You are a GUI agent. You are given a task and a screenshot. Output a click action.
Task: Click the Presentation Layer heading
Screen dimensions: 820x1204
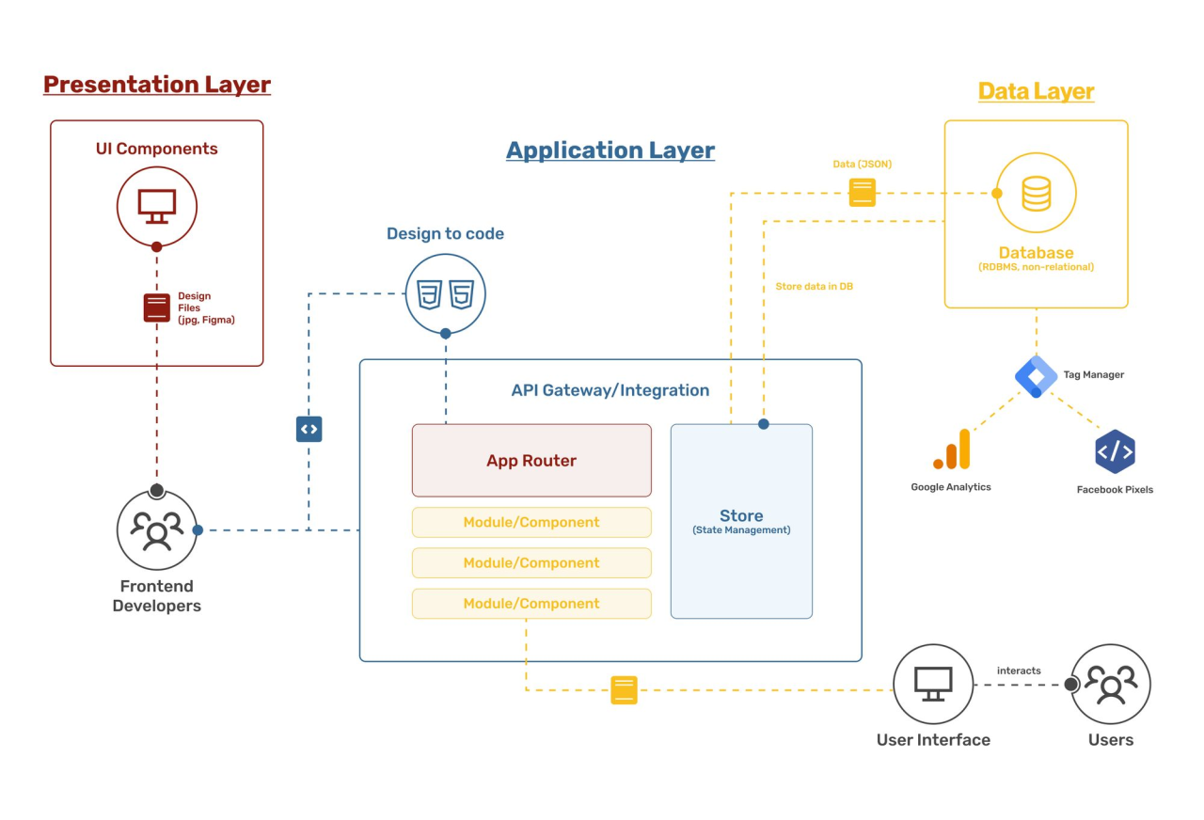tap(157, 85)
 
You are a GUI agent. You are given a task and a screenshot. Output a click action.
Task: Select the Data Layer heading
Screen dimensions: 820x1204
tap(1036, 91)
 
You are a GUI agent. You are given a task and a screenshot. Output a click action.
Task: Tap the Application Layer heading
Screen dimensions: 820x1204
tap(610, 150)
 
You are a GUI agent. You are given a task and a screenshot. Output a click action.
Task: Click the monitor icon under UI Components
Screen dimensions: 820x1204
tap(157, 206)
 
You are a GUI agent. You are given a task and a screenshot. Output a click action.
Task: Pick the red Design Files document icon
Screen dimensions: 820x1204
tap(157, 307)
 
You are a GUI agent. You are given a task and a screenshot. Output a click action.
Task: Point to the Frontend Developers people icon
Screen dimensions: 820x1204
tap(157, 530)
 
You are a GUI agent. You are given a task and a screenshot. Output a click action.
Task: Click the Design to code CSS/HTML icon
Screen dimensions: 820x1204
tap(445, 294)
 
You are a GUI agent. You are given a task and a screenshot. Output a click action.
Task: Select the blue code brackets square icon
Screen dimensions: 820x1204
tap(309, 429)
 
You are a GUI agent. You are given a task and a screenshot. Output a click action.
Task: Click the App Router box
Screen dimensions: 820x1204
tap(531, 461)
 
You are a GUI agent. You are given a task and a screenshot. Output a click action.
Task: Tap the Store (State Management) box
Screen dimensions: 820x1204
tap(741, 522)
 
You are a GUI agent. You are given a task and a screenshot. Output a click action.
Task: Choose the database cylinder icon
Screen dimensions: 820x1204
tap(1036, 193)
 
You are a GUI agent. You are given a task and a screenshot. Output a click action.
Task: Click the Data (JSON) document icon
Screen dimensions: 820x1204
tap(863, 192)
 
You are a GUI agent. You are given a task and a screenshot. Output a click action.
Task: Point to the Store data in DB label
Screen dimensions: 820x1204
tap(814, 286)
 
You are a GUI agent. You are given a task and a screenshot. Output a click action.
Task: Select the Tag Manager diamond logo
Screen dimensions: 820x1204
tap(1036, 376)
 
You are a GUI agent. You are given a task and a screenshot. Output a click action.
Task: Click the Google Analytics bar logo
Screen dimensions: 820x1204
tap(951, 449)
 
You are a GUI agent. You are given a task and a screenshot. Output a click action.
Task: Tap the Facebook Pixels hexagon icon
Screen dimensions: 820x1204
tap(1115, 451)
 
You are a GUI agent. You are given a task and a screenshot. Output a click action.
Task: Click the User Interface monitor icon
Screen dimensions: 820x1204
tap(933, 684)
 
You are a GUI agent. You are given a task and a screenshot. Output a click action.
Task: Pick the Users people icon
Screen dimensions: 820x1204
tap(1111, 684)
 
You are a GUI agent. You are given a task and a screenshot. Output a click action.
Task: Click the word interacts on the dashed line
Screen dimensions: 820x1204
tap(1019, 670)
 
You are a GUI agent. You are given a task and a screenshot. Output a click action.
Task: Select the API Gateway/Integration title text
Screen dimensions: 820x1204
tap(610, 390)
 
